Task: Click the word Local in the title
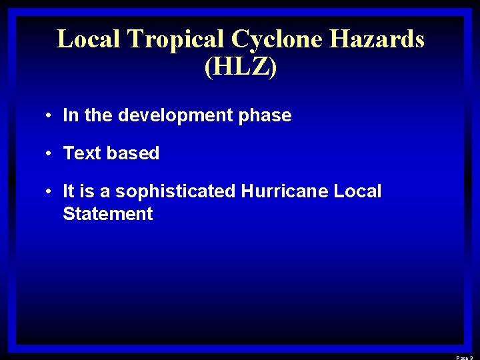point(89,39)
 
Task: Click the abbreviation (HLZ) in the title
point(240,67)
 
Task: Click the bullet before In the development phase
point(50,115)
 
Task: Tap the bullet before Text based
point(50,153)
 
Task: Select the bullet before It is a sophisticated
point(50,191)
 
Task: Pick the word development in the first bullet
point(175,115)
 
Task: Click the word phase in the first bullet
point(265,115)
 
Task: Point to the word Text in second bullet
point(82,153)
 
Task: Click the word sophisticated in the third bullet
point(175,191)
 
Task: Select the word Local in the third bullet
point(357,191)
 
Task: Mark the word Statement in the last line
point(108,214)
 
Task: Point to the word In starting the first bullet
point(70,115)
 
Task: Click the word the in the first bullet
point(99,115)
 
